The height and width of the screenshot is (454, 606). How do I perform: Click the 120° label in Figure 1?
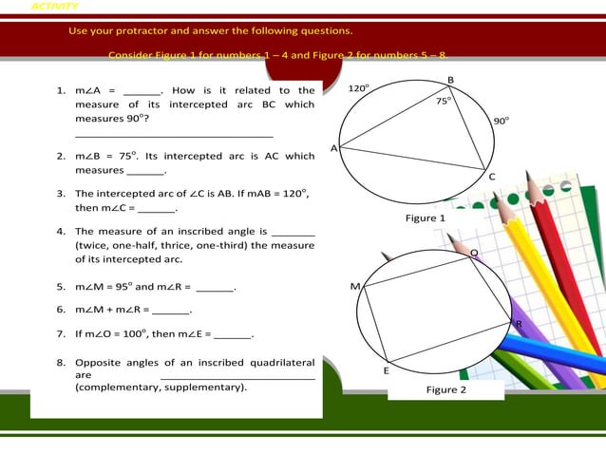(x=358, y=88)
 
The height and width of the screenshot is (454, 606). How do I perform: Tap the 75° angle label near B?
(x=444, y=100)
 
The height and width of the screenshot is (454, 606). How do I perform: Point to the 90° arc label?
(x=501, y=121)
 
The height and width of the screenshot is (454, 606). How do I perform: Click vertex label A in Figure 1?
(x=333, y=149)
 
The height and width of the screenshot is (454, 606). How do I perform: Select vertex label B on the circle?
(x=450, y=79)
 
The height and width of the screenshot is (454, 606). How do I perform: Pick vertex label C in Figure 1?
(x=491, y=177)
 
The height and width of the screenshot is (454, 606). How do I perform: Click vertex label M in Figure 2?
(x=355, y=286)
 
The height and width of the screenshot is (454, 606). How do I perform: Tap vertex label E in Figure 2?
(x=386, y=370)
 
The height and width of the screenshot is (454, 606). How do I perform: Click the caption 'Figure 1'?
(x=426, y=218)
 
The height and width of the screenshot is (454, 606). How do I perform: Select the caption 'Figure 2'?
(x=446, y=389)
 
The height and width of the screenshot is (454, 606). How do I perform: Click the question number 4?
(x=60, y=231)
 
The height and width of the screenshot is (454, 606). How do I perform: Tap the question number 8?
(x=60, y=362)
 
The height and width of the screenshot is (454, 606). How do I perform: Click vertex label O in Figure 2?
(x=474, y=252)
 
